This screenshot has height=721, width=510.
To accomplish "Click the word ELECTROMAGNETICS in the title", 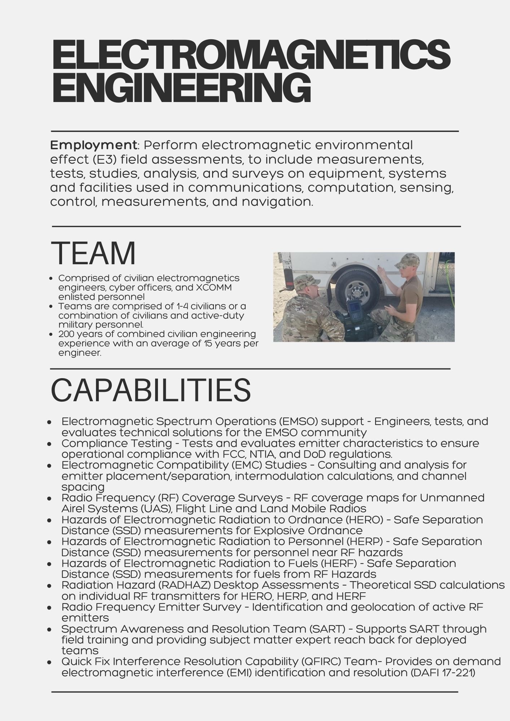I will [251, 56].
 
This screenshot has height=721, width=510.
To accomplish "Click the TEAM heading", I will [93, 253].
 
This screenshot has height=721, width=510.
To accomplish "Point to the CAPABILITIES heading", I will [150, 390].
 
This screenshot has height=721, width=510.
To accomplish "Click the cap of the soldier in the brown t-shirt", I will [408, 260].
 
